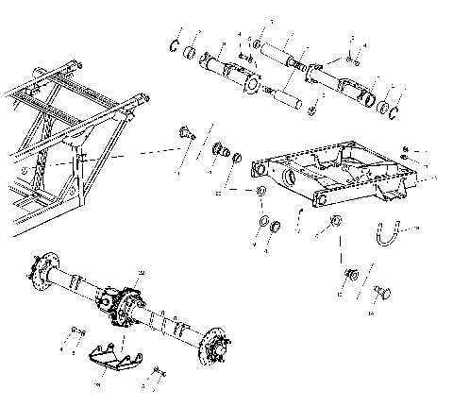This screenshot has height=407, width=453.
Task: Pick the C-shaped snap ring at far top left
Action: [175, 43]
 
